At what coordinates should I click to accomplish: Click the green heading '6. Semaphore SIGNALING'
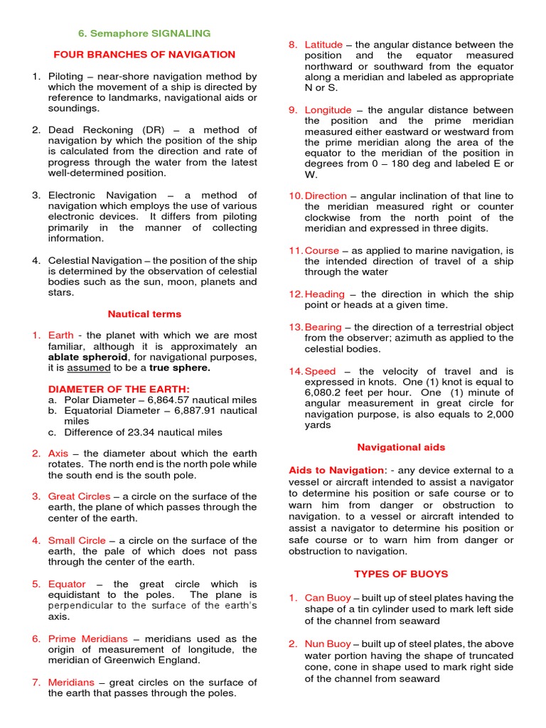coord(144,33)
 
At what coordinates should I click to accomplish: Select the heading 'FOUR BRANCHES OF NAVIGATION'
coord(144,54)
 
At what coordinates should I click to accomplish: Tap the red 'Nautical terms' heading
coord(144,314)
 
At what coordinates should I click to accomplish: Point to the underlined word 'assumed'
coord(89,368)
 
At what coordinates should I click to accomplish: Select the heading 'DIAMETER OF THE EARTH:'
coord(119,389)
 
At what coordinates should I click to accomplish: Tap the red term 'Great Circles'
coord(79,496)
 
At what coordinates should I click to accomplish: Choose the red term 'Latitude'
coord(323,45)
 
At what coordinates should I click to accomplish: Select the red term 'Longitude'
coord(328,110)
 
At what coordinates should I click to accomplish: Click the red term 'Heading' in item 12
coord(324,294)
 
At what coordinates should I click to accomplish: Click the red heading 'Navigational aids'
coord(401,447)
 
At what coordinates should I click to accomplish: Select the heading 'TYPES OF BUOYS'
coord(401,574)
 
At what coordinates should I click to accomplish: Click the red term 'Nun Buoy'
coord(327,644)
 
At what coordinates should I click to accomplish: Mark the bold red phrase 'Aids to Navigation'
coord(336,470)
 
